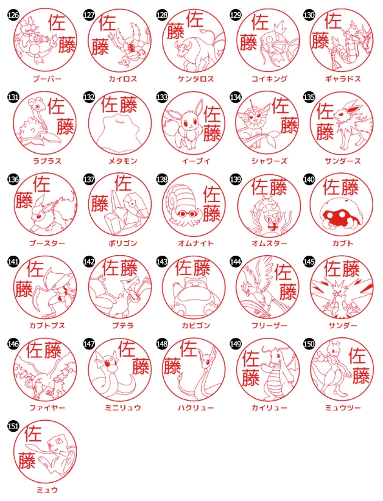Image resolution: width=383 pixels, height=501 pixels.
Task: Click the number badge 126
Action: click(13, 15)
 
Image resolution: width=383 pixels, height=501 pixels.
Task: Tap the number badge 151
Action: click(13, 426)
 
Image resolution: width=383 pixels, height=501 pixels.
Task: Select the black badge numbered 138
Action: click(162, 179)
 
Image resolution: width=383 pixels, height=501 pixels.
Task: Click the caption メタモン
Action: click(123, 161)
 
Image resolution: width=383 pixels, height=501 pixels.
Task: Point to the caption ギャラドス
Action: click(343, 79)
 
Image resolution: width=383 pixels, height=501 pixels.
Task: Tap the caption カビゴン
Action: click(196, 326)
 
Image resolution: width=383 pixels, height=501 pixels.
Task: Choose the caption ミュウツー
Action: click(343, 408)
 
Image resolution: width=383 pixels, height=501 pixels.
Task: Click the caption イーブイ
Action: click(196, 161)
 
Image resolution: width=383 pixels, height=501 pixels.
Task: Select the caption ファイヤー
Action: click(47, 408)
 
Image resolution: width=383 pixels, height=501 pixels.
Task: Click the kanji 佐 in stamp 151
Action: click(33, 433)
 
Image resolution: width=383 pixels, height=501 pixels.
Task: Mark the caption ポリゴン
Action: click(123, 243)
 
